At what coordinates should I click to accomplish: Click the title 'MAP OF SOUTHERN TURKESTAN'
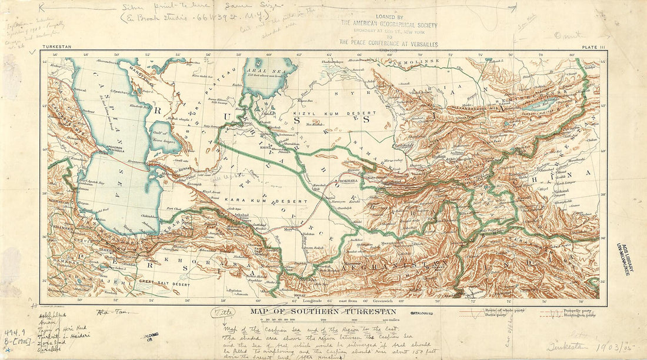point(322,311)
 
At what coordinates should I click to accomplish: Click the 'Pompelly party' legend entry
point(582,308)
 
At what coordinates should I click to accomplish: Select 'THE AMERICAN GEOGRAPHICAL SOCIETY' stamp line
point(389,25)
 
